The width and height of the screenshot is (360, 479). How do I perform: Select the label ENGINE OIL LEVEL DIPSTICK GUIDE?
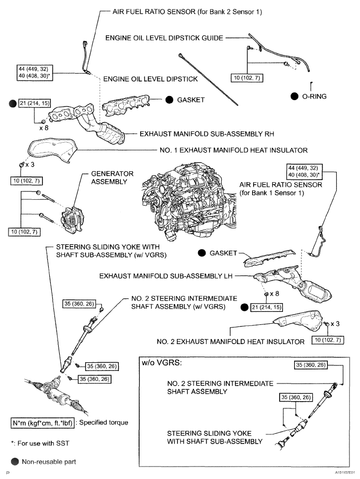click(x=164, y=37)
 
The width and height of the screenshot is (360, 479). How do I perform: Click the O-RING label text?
click(x=314, y=96)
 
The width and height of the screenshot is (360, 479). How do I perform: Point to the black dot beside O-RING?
click(x=294, y=96)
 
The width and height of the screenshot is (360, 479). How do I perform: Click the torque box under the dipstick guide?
click(x=247, y=78)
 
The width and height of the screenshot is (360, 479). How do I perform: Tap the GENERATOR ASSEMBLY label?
click(x=112, y=177)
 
